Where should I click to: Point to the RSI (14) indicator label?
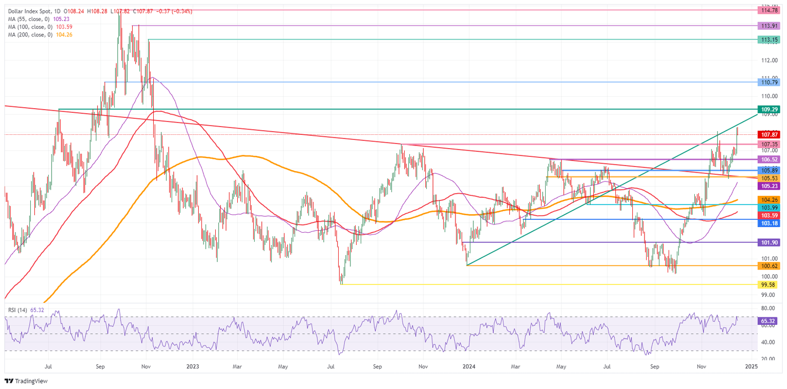[x=19, y=310]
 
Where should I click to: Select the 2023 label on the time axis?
[x=193, y=366]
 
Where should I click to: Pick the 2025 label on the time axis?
[x=751, y=366]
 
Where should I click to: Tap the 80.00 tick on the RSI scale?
[x=767, y=309]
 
